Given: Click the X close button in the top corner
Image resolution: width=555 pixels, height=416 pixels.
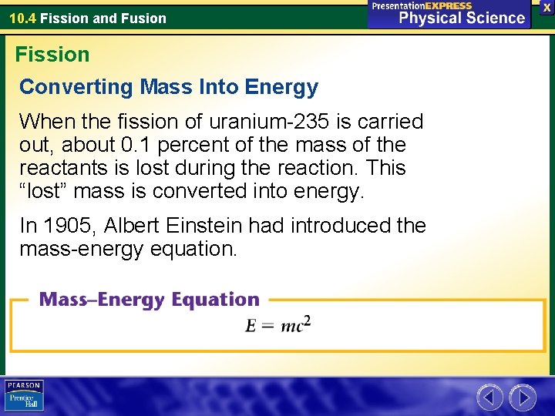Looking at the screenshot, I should (x=546, y=6).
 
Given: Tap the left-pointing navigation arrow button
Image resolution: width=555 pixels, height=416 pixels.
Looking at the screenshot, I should (x=489, y=398).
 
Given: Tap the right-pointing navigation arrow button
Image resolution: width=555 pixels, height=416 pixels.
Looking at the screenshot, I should (x=523, y=398).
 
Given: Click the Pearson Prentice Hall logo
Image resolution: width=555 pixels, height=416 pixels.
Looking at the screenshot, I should (x=24, y=395).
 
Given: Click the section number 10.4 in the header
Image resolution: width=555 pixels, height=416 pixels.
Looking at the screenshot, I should (x=22, y=18).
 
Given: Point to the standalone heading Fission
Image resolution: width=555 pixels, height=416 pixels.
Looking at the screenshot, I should (x=52, y=55).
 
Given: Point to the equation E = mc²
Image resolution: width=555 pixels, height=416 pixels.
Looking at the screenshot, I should (x=277, y=324).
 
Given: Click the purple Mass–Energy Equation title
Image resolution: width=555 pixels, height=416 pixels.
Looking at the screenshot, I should (x=149, y=299).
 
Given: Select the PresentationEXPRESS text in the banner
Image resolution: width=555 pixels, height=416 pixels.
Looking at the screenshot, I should (x=422, y=5).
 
